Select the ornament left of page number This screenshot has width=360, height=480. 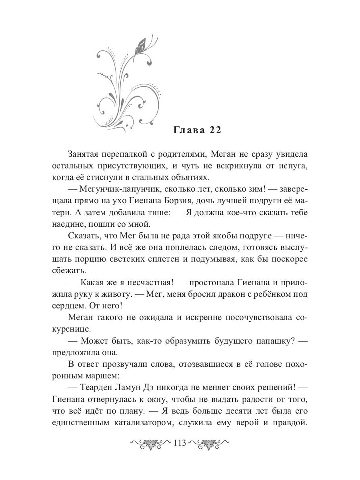(151, 444)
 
